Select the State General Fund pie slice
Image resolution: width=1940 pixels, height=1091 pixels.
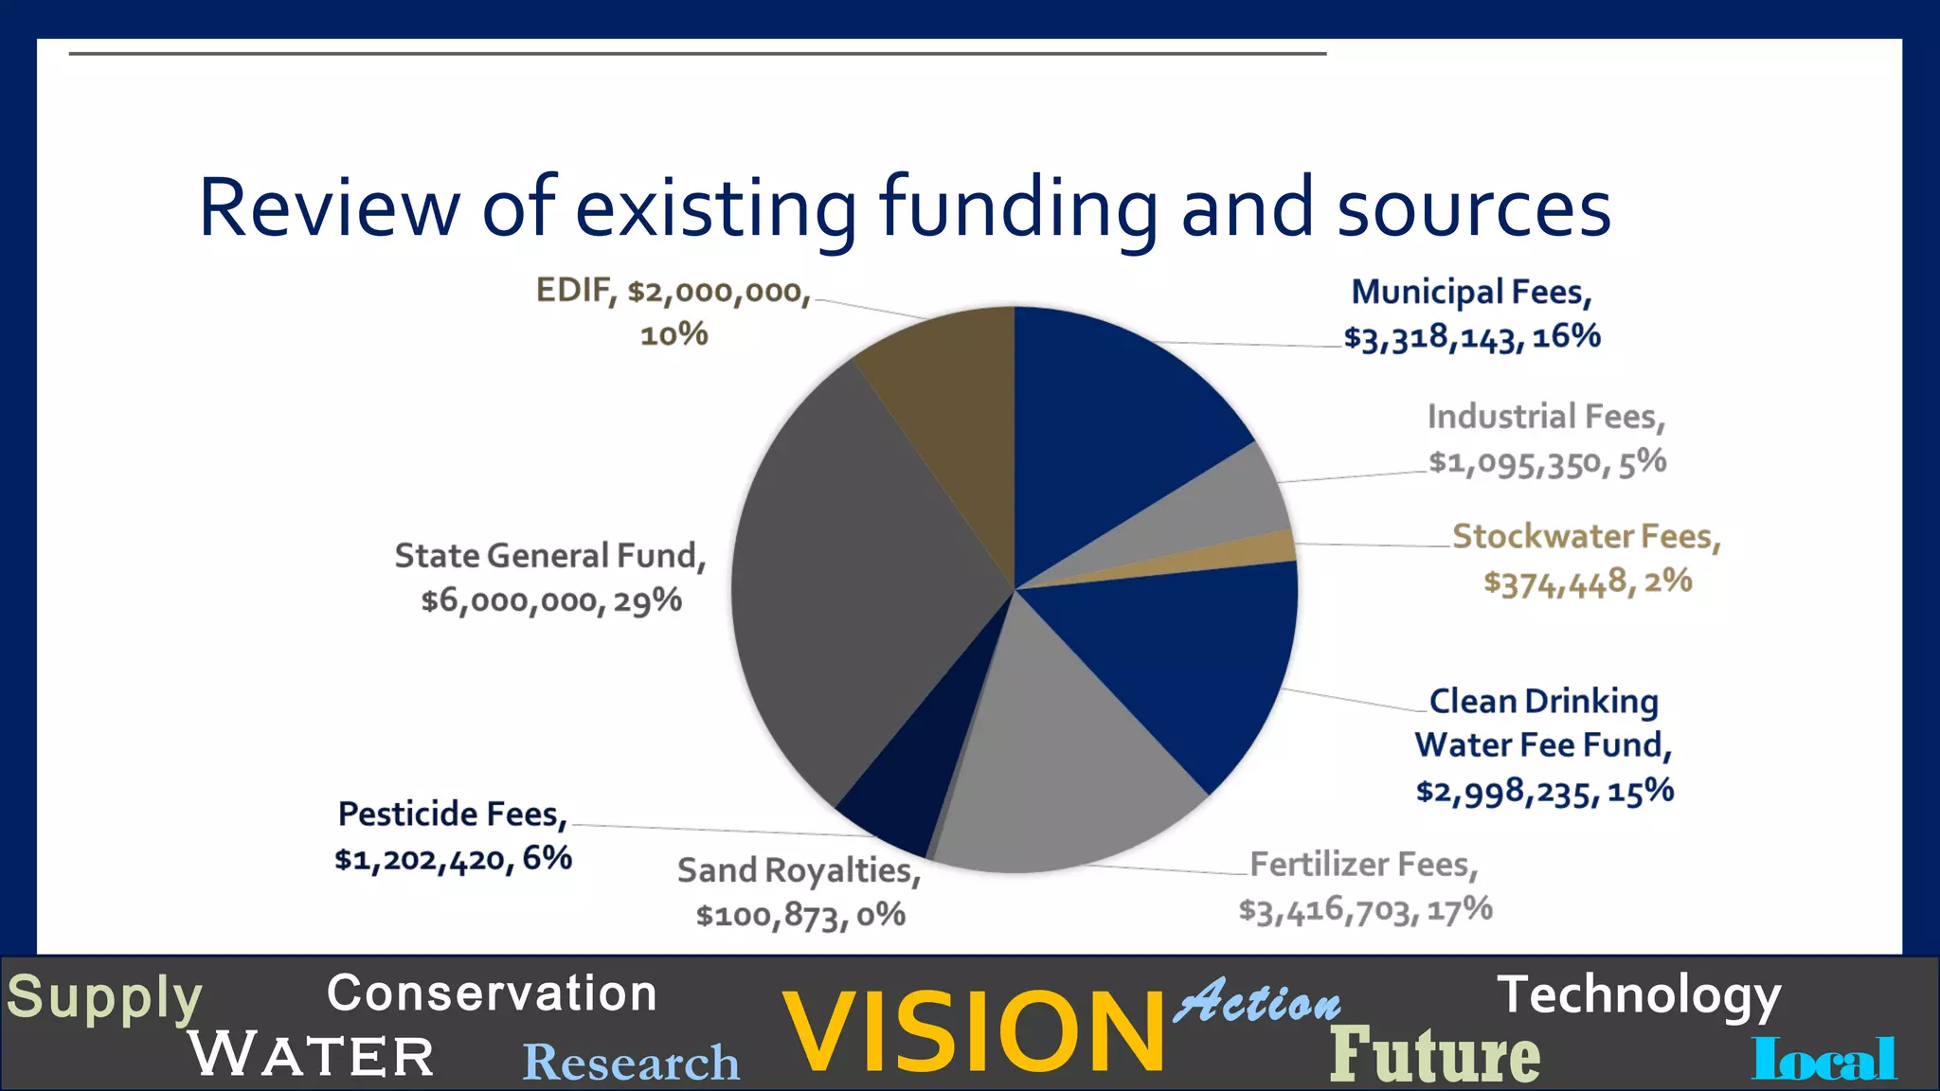pyautogui.click(x=853, y=587)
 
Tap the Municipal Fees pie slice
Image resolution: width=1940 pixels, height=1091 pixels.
pyautogui.click(x=1108, y=417)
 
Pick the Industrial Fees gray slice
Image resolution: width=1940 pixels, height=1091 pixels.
pyautogui.click(x=1222, y=502)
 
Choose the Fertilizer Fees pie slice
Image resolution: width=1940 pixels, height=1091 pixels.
pyautogui.click(x=1051, y=777)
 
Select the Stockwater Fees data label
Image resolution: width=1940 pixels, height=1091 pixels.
pyautogui.click(x=1587, y=559)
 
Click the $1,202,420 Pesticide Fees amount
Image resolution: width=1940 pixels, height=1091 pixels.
pyautogui.click(x=423, y=859)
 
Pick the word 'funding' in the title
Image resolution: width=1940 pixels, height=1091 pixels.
pyautogui.click(x=1018, y=207)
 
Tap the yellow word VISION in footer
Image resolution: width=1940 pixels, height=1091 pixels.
pyautogui.click(x=974, y=1032)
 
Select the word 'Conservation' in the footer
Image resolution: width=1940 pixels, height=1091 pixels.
pyautogui.click(x=492, y=993)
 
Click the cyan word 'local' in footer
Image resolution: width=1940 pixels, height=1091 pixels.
pyautogui.click(x=1824, y=1058)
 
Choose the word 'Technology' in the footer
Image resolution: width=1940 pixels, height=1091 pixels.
pyautogui.click(x=1639, y=995)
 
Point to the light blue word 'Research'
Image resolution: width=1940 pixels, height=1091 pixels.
pyautogui.click(x=631, y=1062)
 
